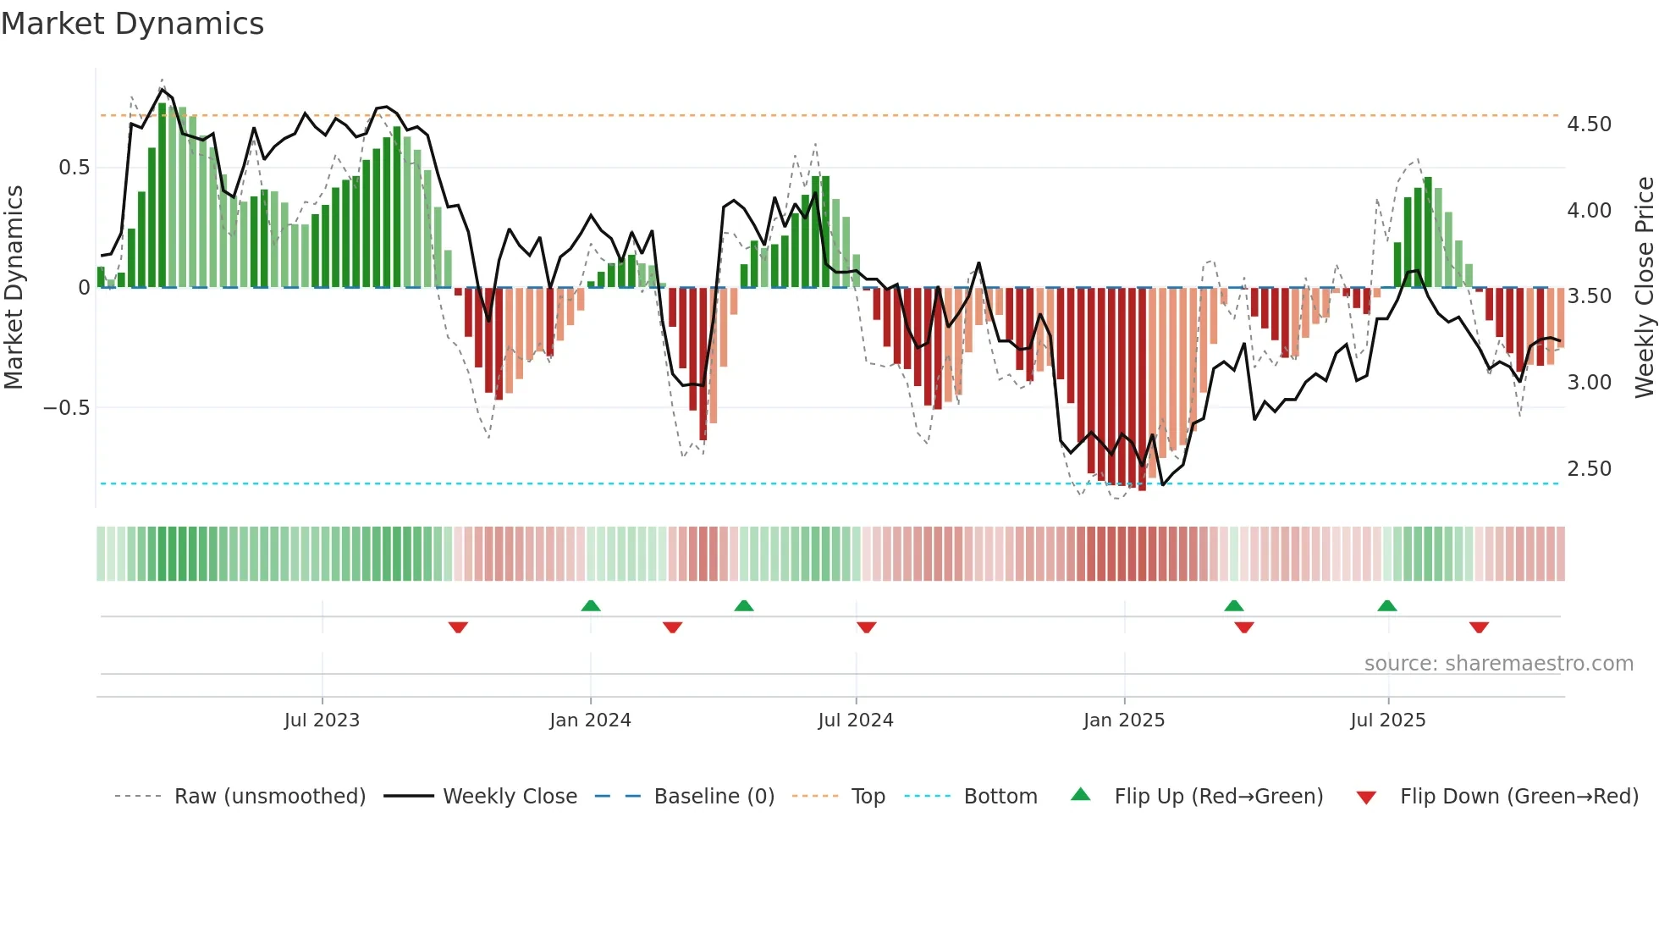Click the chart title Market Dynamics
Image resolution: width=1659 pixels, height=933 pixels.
point(132,24)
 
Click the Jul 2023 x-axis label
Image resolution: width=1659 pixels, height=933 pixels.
point(322,720)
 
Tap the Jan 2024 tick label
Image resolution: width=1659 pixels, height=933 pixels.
point(590,720)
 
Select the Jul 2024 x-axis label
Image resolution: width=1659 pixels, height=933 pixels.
point(855,720)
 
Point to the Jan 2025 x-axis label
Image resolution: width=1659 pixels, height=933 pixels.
point(1124,720)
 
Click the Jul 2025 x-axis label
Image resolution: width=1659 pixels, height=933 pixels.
point(1387,720)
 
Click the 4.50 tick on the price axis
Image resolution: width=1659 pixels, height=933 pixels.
point(1589,124)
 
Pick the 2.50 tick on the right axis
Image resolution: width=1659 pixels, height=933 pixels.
point(1589,469)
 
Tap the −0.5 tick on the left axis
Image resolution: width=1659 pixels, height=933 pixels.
point(67,408)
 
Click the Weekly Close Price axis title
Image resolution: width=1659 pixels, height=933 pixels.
point(1644,288)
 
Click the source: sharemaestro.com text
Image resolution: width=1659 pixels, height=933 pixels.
point(1498,664)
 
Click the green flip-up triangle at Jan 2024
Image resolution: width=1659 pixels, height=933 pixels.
point(591,606)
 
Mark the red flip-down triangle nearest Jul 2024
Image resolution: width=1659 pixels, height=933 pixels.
point(866,627)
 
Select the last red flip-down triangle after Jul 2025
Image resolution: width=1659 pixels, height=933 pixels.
point(1479,627)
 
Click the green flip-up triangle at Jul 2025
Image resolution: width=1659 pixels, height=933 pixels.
point(1386,606)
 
